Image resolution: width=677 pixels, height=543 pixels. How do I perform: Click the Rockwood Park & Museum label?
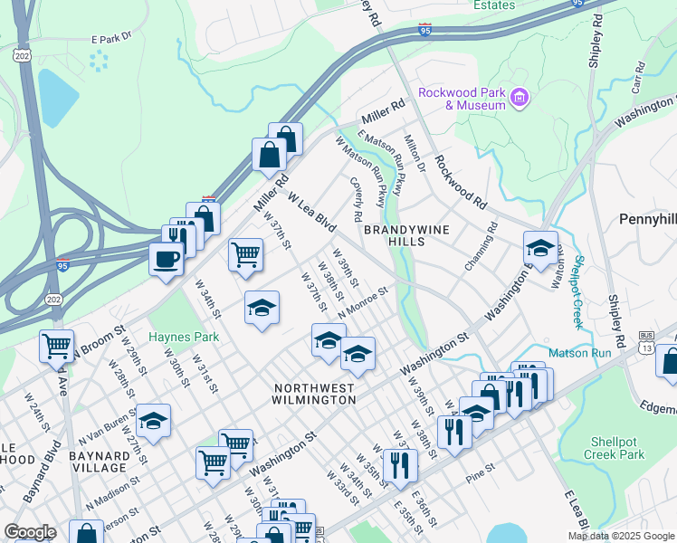pyautogui.click(x=461, y=99)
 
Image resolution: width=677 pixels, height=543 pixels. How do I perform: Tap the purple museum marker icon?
pyautogui.click(x=520, y=97)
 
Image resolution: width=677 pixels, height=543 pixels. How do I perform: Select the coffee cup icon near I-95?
pyautogui.click(x=166, y=260)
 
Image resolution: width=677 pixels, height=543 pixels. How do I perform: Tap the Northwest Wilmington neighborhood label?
pyautogui.click(x=314, y=393)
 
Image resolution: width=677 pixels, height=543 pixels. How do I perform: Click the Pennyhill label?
pyautogui.click(x=648, y=219)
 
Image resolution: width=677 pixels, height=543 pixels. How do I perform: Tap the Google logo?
pyautogui.click(x=30, y=532)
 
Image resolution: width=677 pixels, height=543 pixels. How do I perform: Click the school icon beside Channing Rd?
pyautogui.click(x=539, y=248)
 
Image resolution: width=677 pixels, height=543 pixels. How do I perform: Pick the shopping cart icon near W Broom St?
pyautogui.click(x=56, y=345)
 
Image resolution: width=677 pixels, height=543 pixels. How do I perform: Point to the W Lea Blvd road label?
pyautogui.click(x=311, y=210)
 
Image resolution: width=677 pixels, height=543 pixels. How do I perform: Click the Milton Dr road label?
pyautogui.click(x=415, y=154)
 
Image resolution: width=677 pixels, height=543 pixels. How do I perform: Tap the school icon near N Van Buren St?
pyautogui.click(x=153, y=422)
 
